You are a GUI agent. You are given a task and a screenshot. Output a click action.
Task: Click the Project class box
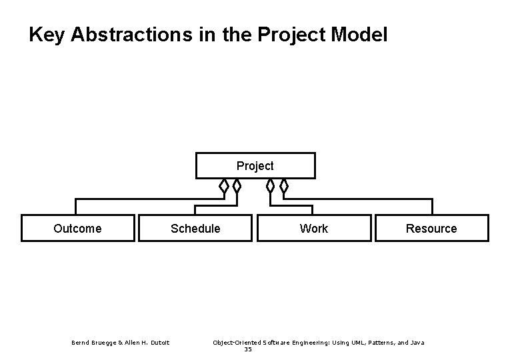(255, 166)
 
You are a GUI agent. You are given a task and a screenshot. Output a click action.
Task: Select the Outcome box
(77, 228)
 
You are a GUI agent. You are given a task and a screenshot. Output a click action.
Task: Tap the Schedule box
(195, 228)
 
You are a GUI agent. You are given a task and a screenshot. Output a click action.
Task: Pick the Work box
(313, 228)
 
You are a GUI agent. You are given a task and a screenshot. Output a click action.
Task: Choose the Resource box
(431, 228)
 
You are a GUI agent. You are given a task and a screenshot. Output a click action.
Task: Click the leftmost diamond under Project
(224, 185)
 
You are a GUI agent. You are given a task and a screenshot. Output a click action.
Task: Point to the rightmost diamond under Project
(284, 185)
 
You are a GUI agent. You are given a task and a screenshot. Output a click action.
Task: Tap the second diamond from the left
(237, 185)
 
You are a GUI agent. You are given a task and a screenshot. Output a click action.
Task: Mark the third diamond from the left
(270, 185)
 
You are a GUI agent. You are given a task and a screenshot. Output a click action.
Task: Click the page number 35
(248, 349)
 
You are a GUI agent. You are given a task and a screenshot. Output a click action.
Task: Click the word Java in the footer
(417, 343)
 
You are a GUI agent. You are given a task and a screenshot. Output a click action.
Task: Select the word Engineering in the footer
(302, 343)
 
